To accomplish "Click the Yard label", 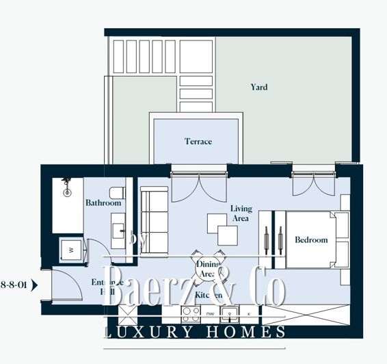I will tap(258, 87).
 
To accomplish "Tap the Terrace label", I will tap(198, 142).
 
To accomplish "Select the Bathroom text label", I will tap(103, 203).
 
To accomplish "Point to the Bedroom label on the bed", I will tap(311, 240).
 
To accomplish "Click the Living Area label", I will tap(241, 213).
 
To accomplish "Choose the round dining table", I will tap(206, 269).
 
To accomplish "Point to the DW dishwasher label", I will tap(210, 314).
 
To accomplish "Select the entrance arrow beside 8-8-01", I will tap(34, 282).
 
